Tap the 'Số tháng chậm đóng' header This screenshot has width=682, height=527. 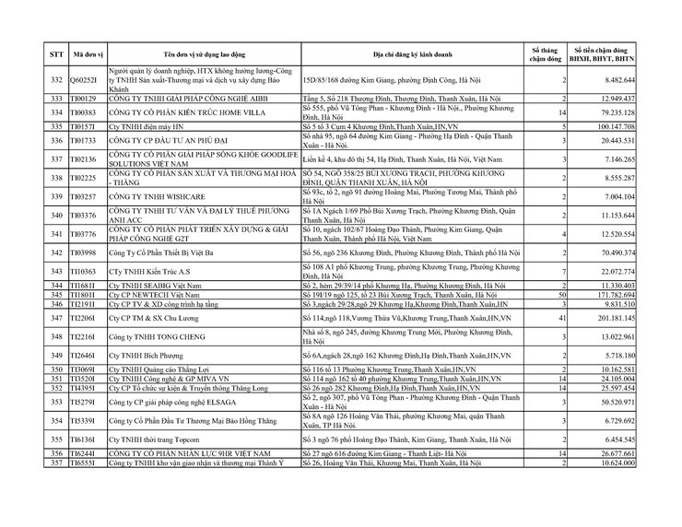point(545,53)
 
